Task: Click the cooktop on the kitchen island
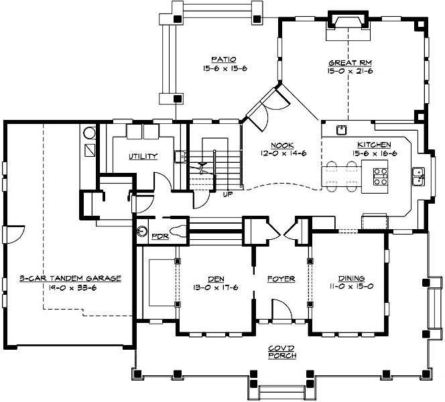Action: (381, 176)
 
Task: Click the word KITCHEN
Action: (371, 145)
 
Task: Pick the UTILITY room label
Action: (143, 157)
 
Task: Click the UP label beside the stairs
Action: (227, 196)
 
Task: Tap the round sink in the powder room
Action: (142, 232)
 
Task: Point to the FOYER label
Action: (281, 279)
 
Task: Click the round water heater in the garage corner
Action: (89, 131)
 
